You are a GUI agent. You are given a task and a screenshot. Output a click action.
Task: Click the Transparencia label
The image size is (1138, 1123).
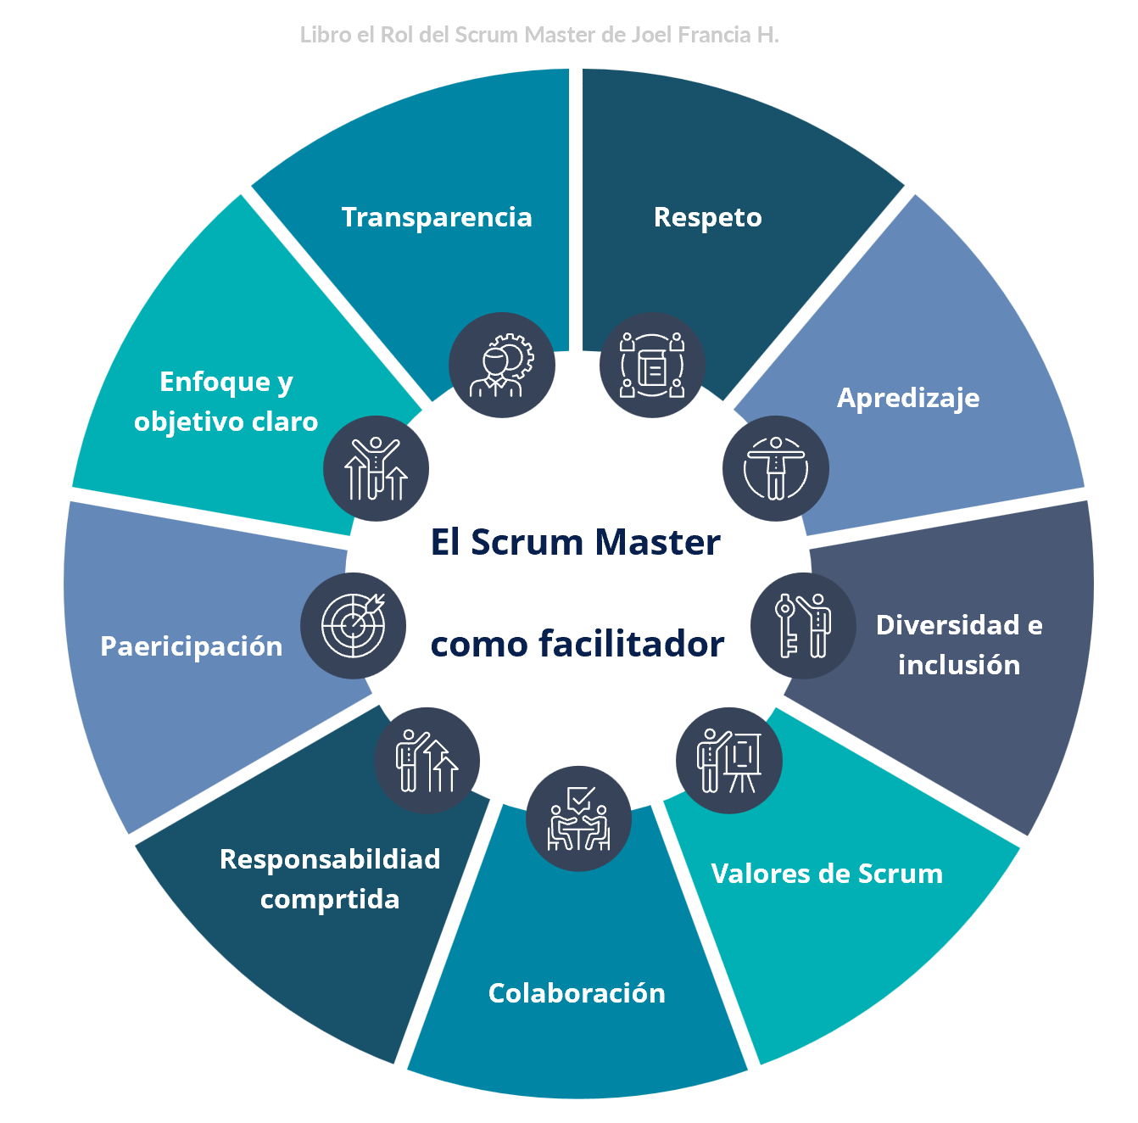point(437,217)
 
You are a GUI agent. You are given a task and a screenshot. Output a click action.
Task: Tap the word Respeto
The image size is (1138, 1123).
point(707,217)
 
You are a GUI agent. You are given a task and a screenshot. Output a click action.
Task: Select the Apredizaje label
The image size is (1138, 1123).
point(908,398)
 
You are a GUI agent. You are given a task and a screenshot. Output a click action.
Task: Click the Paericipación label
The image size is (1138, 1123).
point(192,646)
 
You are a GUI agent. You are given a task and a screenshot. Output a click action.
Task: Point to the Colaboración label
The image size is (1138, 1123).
point(577,993)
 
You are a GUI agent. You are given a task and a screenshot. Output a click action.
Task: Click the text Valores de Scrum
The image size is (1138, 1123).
point(827,874)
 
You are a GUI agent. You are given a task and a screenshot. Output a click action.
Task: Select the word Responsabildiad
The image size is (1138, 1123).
point(330,859)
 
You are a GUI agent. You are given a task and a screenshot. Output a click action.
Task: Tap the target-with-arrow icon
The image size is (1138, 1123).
point(354,626)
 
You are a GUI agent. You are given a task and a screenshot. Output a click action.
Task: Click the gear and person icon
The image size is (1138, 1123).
point(502,366)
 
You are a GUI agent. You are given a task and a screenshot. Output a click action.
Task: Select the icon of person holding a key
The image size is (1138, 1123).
point(803,626)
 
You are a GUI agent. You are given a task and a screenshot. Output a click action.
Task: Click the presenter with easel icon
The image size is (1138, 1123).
point(729,761)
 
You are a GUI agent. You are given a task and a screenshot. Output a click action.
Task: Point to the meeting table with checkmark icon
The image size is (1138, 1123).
point(578,820)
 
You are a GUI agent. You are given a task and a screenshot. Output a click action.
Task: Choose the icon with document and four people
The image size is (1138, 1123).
point(652,366)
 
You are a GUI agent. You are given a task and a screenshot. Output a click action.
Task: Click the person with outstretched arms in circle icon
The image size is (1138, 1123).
point(776,468)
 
